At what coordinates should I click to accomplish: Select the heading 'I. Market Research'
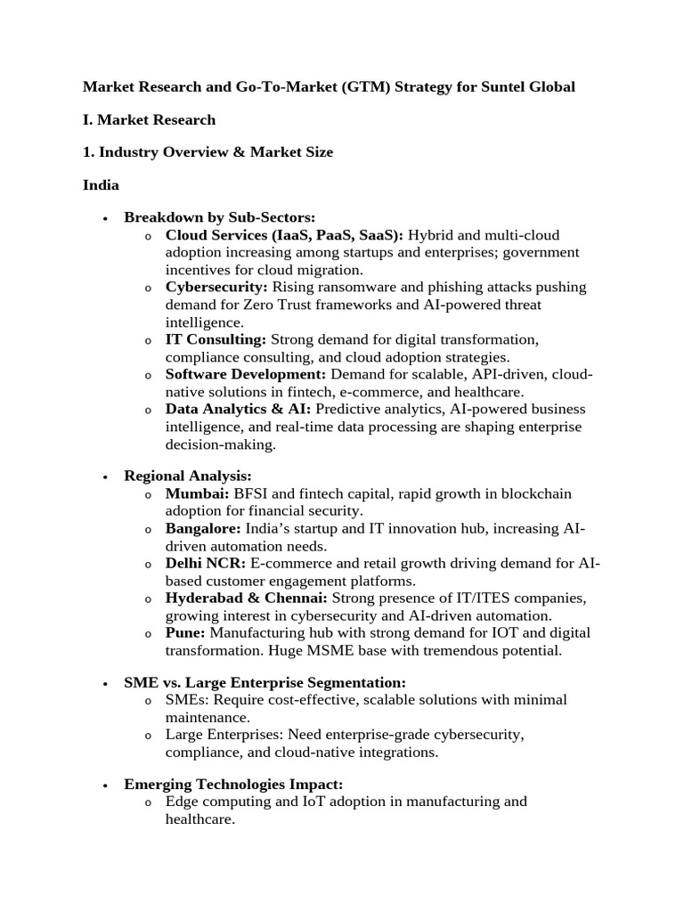(149, 119)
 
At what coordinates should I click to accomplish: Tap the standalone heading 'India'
(101, 184)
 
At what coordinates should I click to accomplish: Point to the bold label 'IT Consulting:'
(216, 339)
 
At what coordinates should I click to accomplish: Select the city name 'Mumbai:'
(198, 493)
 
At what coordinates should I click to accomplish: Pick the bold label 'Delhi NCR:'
(206, 564)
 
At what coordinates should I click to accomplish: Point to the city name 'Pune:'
(185, 632)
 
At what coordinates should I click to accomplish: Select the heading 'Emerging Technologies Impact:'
(233, 784)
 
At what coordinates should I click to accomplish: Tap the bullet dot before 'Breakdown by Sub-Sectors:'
(106, 218)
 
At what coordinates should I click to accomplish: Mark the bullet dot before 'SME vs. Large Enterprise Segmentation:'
(106, 684)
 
